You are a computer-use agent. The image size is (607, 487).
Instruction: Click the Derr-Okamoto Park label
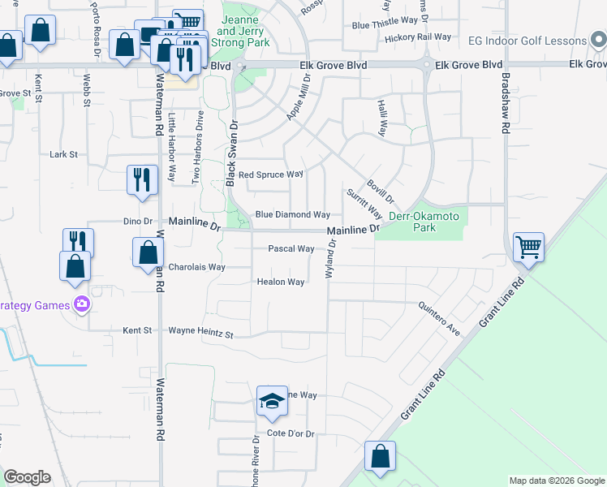(424, 222)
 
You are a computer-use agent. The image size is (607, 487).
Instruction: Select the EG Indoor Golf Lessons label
(527, 41)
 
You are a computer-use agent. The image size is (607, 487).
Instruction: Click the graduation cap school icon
(272, 402)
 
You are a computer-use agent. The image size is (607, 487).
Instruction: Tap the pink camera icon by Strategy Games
(81, 305)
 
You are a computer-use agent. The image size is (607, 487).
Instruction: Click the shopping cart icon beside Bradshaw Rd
(528, 246)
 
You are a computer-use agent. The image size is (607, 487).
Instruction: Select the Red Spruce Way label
(270, 175)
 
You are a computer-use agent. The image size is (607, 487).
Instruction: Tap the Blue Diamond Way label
(292, 215)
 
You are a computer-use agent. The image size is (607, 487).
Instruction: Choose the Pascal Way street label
(291, 249)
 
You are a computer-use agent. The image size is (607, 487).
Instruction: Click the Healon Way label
(281, 282)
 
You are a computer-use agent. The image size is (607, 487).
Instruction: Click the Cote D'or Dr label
(291, 434)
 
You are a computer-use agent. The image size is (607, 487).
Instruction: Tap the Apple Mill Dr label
(299, 97)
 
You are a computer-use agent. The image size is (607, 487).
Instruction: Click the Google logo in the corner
(27, 477)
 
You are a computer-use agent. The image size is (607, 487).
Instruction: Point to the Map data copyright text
(557, 481)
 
